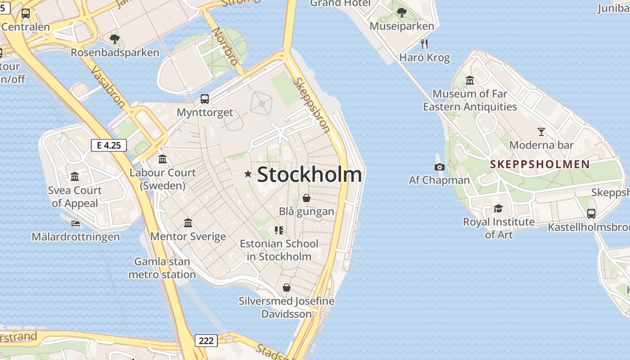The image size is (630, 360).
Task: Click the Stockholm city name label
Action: coord(309,175)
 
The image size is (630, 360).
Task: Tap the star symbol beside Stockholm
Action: coord(247,174)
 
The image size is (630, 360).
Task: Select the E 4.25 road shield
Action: coord(108,145)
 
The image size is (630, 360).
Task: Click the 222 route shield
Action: coord(206,340)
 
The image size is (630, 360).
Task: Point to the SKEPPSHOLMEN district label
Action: coord(540,164)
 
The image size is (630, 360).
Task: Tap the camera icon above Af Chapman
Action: coord(440,167)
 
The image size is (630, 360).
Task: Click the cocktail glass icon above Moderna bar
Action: coord(541,132)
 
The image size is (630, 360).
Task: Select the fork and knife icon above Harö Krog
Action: coord(424,44)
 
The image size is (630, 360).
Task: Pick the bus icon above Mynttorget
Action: coord(204,99)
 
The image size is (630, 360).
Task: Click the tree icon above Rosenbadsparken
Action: coord(115,39)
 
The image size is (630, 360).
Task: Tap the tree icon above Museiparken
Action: coord(401,13)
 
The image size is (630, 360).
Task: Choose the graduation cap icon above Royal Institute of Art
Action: coord(498,208)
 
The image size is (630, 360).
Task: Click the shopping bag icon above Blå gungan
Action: coord(306,198)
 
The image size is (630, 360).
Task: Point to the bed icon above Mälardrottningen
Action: coord(76,223)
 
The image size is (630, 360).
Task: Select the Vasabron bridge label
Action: coord(108,87)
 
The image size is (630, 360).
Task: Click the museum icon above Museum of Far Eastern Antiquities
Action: coord(470,81)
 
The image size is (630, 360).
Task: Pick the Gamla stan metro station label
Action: coord(162,268)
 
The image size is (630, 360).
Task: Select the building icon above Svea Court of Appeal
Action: coord(75,176)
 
